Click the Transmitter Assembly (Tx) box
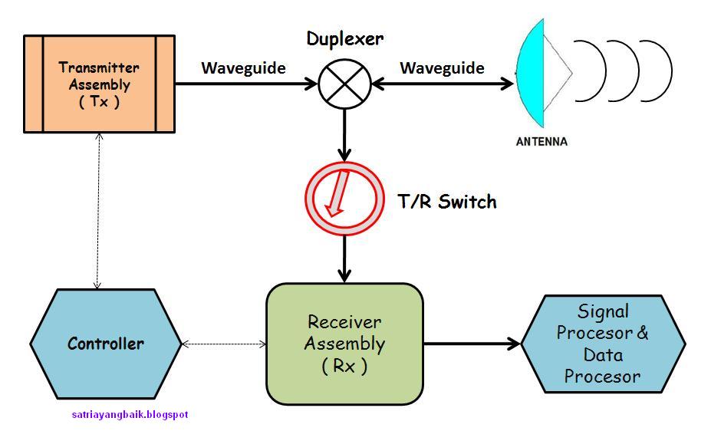pyautogui.click(x=99, y=84)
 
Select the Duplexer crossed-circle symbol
pyautogui.click(x=344, y=84)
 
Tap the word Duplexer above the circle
pyautogui.click(x=345, y=39)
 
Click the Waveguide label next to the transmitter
pyautogui.click(x=243, y=68)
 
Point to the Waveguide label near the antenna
pyautogui.click(x=442, y=68)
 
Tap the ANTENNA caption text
pyautogui.click(x=541, y=142)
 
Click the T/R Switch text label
pyautogui.click(x=447, y=202)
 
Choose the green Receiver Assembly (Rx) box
pyautogui.click(x=344, y=344)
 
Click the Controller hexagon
pyautogui.click(x=106, y=344)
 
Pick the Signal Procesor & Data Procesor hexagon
pyautogui.click(x=603, y=344)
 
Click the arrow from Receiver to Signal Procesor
pyautogui.click(x=472, y=344)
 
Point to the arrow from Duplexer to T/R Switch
pyautogui.click(x=344, y=135)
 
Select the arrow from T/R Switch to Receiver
pyautogui.click(x=344, y=258)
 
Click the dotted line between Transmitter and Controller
pyautogui.click(x=97, y=211)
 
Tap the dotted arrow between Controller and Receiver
pyautogui.click(x=224, y=344)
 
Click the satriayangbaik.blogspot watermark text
pyautogui.click(x=130, y=414)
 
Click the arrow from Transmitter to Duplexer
pyautogui.click(x=246, y=84)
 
